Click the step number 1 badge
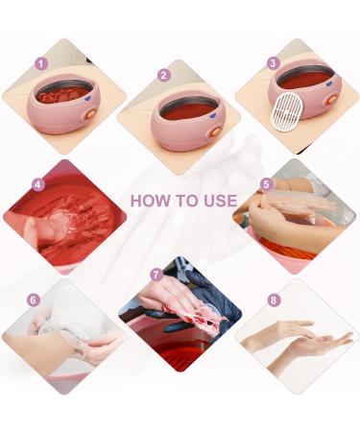point(40,63)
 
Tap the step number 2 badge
point(164,75)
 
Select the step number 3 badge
point(274,63)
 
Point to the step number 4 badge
point(38,184)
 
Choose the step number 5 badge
point(266,183)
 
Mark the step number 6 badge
point(34,300)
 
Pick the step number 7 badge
point(156,275)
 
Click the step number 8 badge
point(275,300)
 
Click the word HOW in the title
point(149,202)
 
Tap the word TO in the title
point(187,202)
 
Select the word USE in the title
point(220,202)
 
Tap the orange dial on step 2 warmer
point(216,124)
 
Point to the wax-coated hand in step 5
point(302,206)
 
